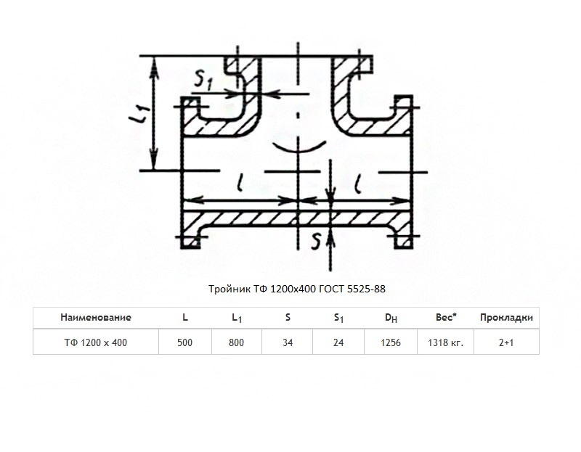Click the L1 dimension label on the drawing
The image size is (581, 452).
point(139,113)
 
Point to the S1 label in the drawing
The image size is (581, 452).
point(203,79)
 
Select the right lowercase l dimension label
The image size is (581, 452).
point(357,184)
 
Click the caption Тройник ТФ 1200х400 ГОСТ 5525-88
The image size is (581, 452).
point(297,289)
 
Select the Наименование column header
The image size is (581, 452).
point(96,317)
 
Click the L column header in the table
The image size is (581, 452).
point(185,317)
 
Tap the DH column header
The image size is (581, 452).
point(391,318)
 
